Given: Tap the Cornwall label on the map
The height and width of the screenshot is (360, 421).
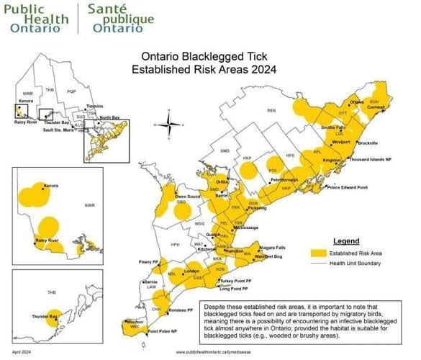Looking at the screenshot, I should click(x=377, y=107).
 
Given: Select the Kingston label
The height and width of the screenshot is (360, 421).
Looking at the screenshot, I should click(x=331, y=160).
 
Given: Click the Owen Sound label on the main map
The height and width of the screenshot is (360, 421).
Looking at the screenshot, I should click(x=188, y=196).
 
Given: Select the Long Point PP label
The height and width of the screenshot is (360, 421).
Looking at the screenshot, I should click(x=235, y=289).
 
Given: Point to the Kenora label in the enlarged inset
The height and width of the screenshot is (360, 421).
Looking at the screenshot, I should click(x=50, y=186).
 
